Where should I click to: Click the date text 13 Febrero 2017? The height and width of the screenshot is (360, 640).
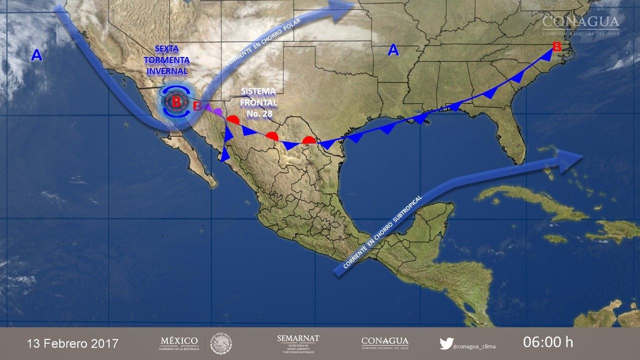tap(72, 343)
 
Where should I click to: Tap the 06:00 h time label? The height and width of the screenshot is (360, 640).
tap(548, 342)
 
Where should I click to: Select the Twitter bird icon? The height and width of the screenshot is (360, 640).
tap(446, 343)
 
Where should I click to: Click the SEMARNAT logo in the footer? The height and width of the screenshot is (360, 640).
tap(298, 343)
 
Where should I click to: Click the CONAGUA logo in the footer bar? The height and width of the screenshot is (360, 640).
tap(384, 343)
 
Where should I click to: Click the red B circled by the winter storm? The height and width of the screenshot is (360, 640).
tap(176, 102)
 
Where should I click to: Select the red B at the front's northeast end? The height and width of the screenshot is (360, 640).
tap(557, 48)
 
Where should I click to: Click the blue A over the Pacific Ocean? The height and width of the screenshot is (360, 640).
tap(36, 55)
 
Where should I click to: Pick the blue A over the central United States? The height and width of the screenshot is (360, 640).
tap(393, 50)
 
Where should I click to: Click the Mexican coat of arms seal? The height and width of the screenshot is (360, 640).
tap(220, 343)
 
